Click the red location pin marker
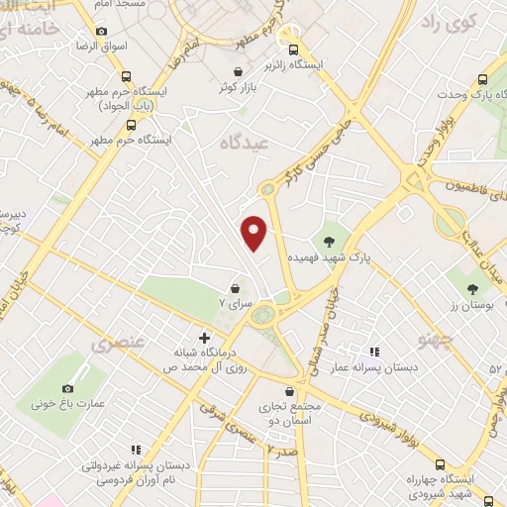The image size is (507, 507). pos(254,233)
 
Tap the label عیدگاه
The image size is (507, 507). pos(245,143)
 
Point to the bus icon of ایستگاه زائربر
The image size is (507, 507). pos(291,49)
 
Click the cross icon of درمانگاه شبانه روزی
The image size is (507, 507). pos(204,338)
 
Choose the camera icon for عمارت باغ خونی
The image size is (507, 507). pos(67,389)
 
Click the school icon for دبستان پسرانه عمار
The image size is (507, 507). pos(374,352)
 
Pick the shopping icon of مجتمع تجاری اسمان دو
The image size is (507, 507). pos(289,391)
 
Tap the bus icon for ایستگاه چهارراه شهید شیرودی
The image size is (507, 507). pos(440,463)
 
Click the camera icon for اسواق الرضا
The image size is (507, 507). pos(101,31)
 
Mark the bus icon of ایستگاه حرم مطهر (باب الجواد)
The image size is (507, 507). pos(125,76)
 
